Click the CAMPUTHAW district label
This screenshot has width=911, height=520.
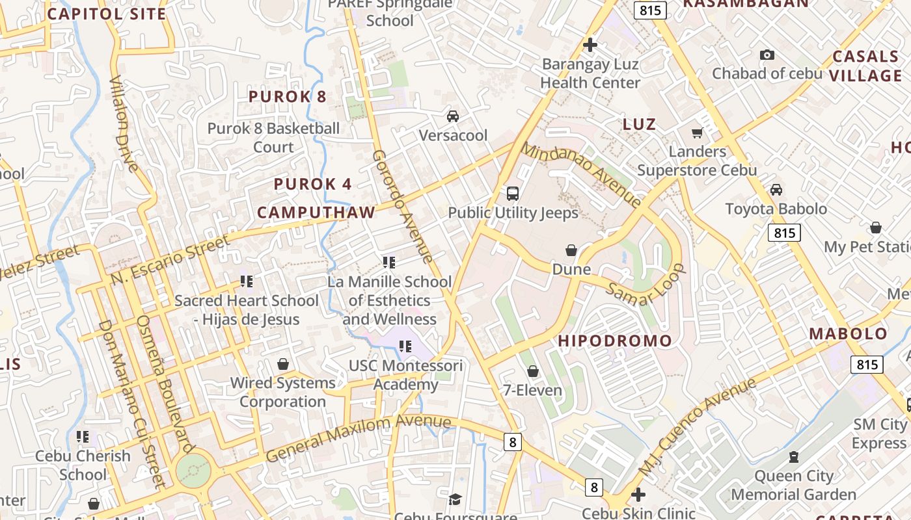point(316,213)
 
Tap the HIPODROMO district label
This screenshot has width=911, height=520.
point(615,341)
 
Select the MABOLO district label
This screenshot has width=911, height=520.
point(848,334)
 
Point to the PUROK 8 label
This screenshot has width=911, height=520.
point(288,97)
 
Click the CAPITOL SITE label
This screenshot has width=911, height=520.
point(107,14)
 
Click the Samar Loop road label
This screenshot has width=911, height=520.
point(645,285)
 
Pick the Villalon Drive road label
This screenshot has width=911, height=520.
point(124,123)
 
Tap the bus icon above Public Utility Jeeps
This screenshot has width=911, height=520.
point(513,193)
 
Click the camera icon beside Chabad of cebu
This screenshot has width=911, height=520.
point(767,55)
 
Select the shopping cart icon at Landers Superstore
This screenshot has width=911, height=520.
point(697,133)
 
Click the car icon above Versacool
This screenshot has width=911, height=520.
point(452,116)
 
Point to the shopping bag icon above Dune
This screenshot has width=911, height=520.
point(571,250)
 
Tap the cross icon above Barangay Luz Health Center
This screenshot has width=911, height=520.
point(590,45)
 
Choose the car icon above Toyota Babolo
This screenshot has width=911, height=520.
point(776,190)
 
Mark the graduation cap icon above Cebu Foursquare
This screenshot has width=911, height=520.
point(455,499)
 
